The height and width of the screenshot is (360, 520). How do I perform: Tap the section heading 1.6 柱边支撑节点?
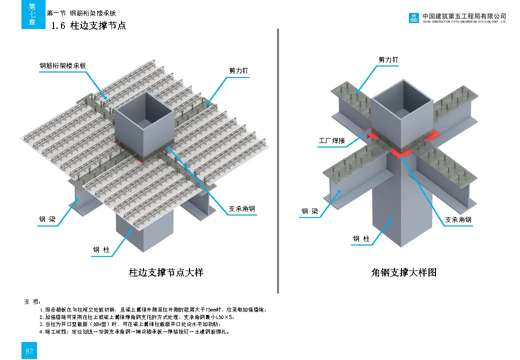point(88,25)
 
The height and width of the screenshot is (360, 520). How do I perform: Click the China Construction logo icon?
point(413,18)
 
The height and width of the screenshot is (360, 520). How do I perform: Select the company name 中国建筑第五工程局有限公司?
point(464,16)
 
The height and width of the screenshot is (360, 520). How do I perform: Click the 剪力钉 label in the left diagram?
point(238,71)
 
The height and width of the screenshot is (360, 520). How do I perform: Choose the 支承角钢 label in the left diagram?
point(242,209)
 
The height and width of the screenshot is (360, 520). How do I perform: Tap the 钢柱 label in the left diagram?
point(101,249)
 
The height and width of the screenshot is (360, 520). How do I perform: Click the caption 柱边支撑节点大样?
point(166,272)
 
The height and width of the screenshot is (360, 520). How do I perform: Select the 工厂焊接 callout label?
point(332,141)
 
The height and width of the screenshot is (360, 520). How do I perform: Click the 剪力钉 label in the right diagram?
point(388,60)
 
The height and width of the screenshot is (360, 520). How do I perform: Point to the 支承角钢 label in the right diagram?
point(458,219)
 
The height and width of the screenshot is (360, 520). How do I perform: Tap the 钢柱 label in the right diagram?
point(361,239)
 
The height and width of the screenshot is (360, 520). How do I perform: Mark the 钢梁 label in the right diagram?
point(309,211)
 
